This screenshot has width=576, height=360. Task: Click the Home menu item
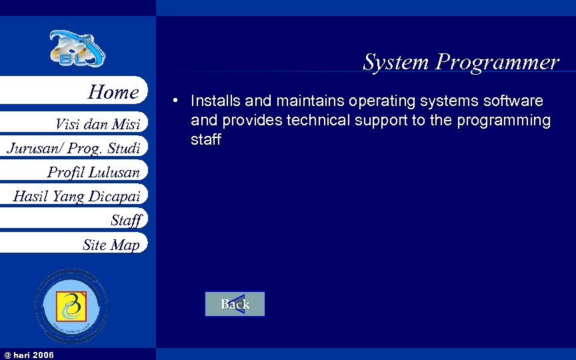(x=113, y=92)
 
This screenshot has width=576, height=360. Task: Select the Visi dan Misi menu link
(x=97, y=124)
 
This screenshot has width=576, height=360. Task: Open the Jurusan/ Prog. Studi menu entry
(x=73, y=147)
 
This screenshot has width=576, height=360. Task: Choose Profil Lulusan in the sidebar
(x=93, y=172)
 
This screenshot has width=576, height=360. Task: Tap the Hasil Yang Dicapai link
(x=77, y=196)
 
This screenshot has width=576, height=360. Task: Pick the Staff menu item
(x=126, y=219)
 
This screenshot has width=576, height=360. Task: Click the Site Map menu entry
(x=111, y=245)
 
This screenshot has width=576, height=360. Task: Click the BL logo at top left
(x=77, y=49)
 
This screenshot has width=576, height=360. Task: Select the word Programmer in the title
(x=497, y=62)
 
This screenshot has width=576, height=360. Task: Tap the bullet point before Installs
(x=173, y=101)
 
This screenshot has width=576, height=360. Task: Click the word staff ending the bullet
(x=205, y=139)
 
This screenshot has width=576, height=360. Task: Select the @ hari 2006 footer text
(x=29, y=354)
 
